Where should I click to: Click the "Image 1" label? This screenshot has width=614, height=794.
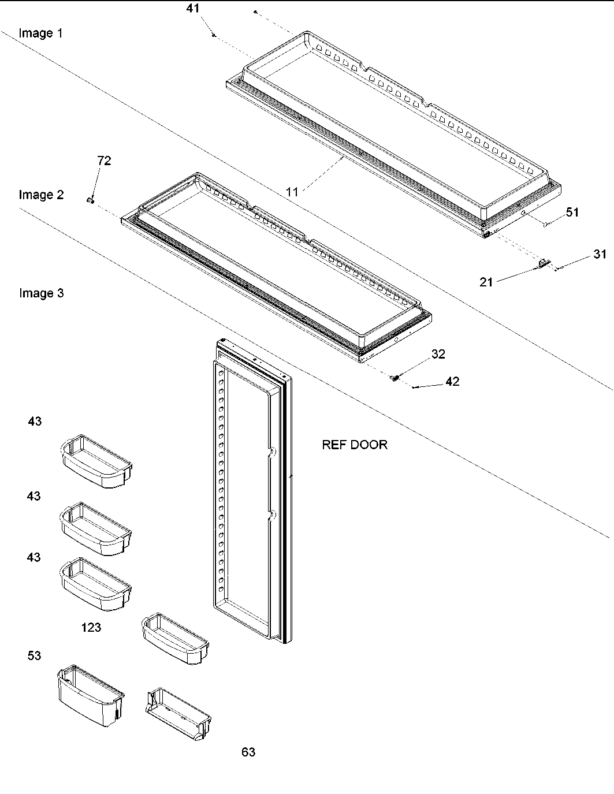[x=40, y=33]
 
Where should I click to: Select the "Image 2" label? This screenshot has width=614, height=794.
[x=41, y=195]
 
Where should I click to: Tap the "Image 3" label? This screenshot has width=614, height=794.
[x=41, y=293]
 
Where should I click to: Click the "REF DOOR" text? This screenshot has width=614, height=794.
[x=355, y=445]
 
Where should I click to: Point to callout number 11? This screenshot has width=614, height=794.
[x=293, y=192]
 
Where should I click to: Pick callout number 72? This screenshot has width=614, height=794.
[x=104, y=161]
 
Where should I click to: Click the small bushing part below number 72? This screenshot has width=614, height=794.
[x=90, y=199]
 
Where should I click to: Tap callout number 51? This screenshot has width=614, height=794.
[x=572, y=213]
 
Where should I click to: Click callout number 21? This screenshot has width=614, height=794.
[x=486, y=282]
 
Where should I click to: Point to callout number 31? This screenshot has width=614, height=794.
[x=600, y=254]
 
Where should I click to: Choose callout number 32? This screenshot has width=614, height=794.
[x=438, y=354]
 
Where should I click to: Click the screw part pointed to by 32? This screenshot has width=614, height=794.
[x=396, y=378]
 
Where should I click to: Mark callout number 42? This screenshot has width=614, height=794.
[x=452, y=382]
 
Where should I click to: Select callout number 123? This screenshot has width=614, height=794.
[x=91, y=627]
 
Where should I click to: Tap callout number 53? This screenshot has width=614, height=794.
[x=35, y=655]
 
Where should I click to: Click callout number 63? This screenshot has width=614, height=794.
[x=248, y=752]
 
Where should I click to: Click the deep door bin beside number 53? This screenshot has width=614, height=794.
[x=91, y=696]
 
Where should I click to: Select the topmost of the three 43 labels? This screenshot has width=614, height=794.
[x=35, y=422]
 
